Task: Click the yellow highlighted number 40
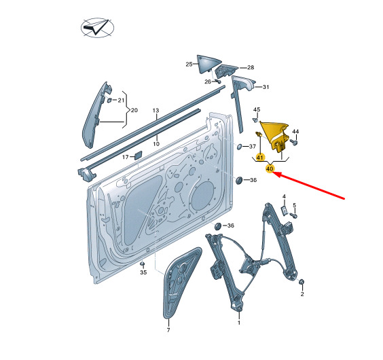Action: point(270,168)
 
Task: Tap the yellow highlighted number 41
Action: point(260,157)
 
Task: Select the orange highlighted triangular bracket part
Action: point(275,136)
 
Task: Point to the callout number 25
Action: point(189,65)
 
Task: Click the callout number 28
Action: point(251,67)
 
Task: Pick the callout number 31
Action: point(266,87)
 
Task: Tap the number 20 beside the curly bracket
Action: point(134,110)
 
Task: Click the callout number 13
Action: point(156,111)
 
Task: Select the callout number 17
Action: point(126,157)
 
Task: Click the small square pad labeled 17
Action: point(138,155)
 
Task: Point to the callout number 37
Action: point(253,147)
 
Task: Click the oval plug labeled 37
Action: point(239,147)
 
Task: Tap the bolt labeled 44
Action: point(294,142)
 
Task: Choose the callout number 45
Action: point(257,109)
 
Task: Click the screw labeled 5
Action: point(294,215)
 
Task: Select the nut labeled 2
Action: point(302,282)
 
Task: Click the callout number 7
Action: point(168,330)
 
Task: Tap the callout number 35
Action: point(143,272)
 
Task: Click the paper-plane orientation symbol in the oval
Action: point(97,27)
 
